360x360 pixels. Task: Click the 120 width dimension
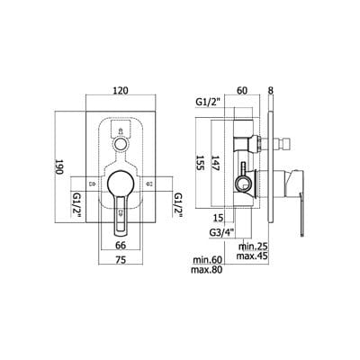[121, 90]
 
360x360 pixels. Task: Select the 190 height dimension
[58, 166]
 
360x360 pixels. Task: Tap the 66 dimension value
[121, 245]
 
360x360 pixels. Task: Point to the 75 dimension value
[121, 260]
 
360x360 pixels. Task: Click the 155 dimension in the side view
[200, 163]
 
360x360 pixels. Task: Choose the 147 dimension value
[215, 163]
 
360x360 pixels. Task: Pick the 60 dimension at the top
[242, 90]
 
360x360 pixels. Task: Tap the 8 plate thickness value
[271, 90]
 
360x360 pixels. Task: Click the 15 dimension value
[219, 218]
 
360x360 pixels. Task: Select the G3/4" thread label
[222, 232]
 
